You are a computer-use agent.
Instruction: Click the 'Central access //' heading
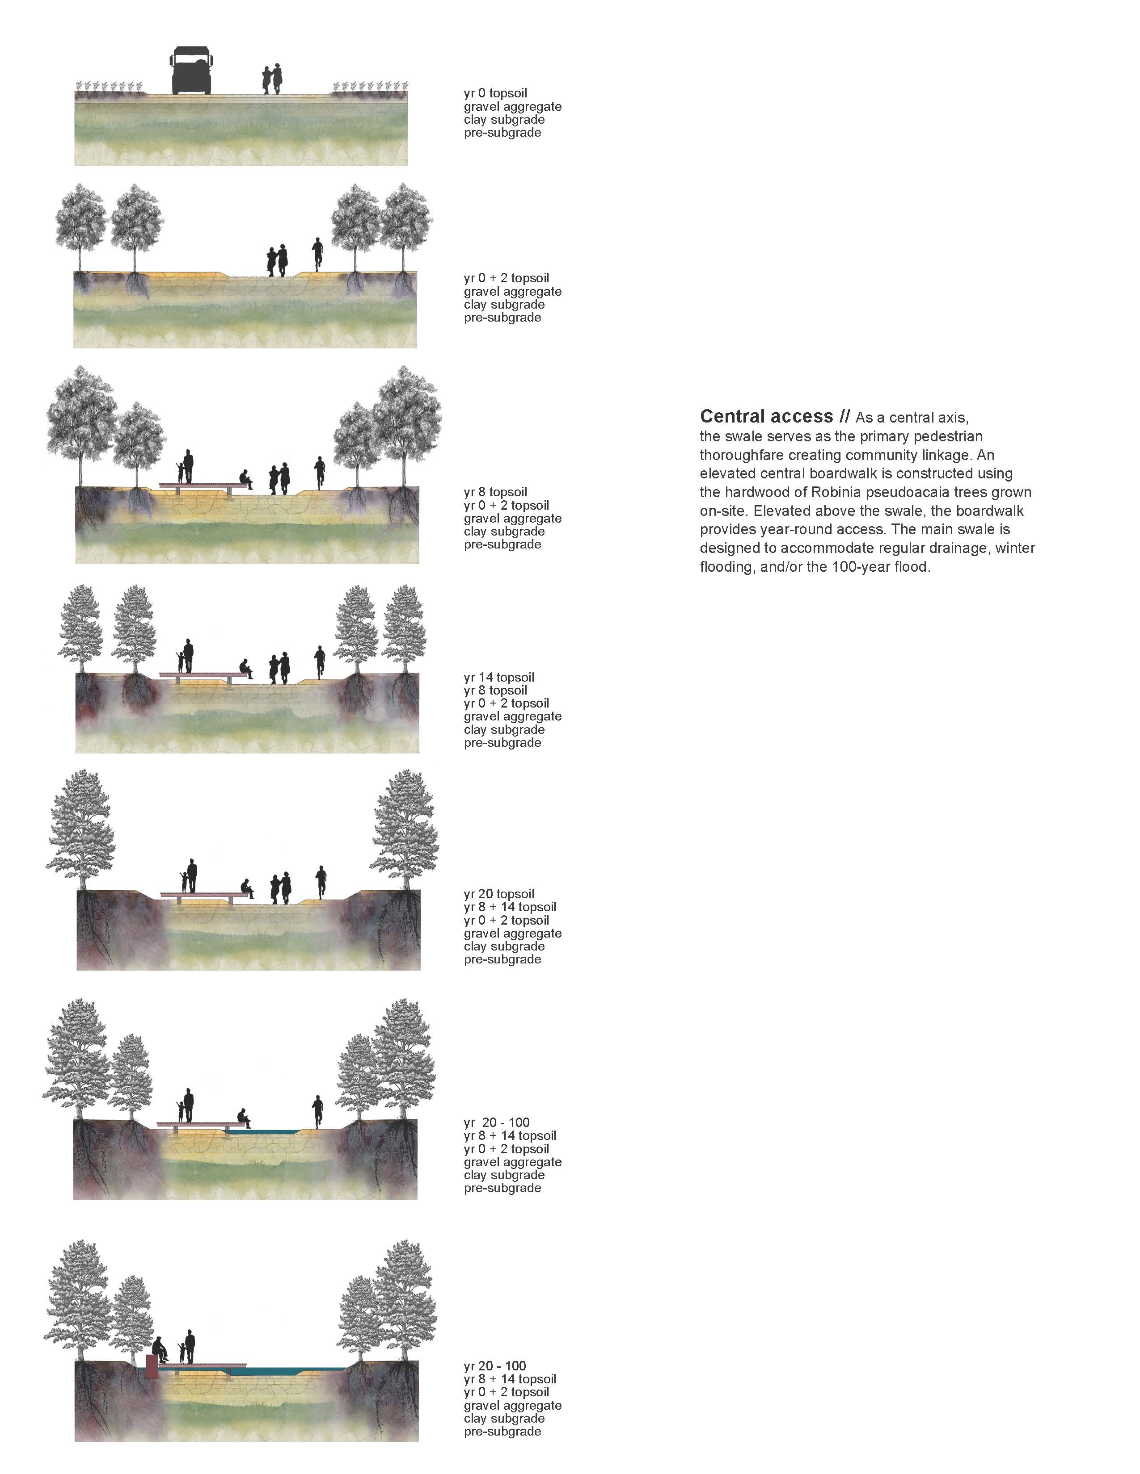tap(775, 416)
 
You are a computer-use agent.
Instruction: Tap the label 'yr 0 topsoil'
tap(496, 93)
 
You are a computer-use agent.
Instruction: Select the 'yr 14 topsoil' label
tap(499, 677)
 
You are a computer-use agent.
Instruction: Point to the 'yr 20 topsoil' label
tap(499, 894)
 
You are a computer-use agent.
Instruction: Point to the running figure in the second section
tap(317, 255)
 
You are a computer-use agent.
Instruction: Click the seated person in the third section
tap(246, 479)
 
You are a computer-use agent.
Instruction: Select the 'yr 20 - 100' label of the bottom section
tap(495, 1366)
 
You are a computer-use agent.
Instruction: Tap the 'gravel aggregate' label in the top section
tap(513, 107)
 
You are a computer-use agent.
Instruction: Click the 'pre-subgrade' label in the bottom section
tap(502, 1432)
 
